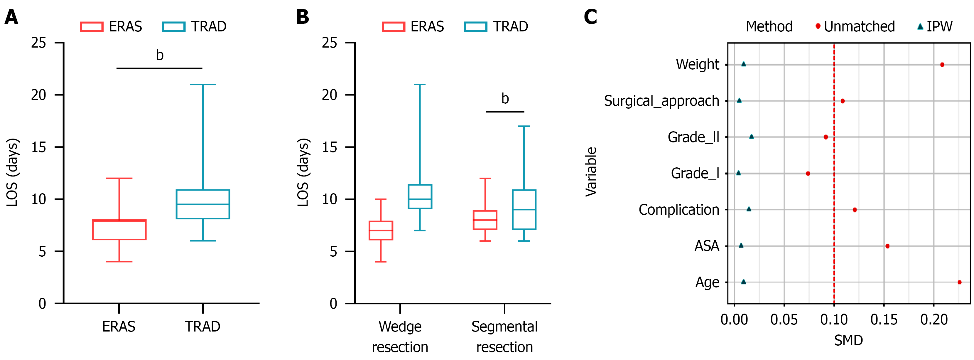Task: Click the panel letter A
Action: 11,17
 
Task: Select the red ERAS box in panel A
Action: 119,230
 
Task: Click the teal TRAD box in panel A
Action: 203,204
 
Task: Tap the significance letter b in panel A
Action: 160,55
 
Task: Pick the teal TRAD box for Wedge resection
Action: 420,197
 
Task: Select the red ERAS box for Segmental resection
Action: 485,220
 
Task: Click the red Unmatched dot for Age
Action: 959,282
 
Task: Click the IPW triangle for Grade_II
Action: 752,137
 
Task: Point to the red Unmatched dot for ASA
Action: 887,246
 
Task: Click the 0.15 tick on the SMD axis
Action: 884,320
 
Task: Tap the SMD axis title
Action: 848,340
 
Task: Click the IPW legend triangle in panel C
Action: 920,26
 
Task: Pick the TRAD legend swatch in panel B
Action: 475,27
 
